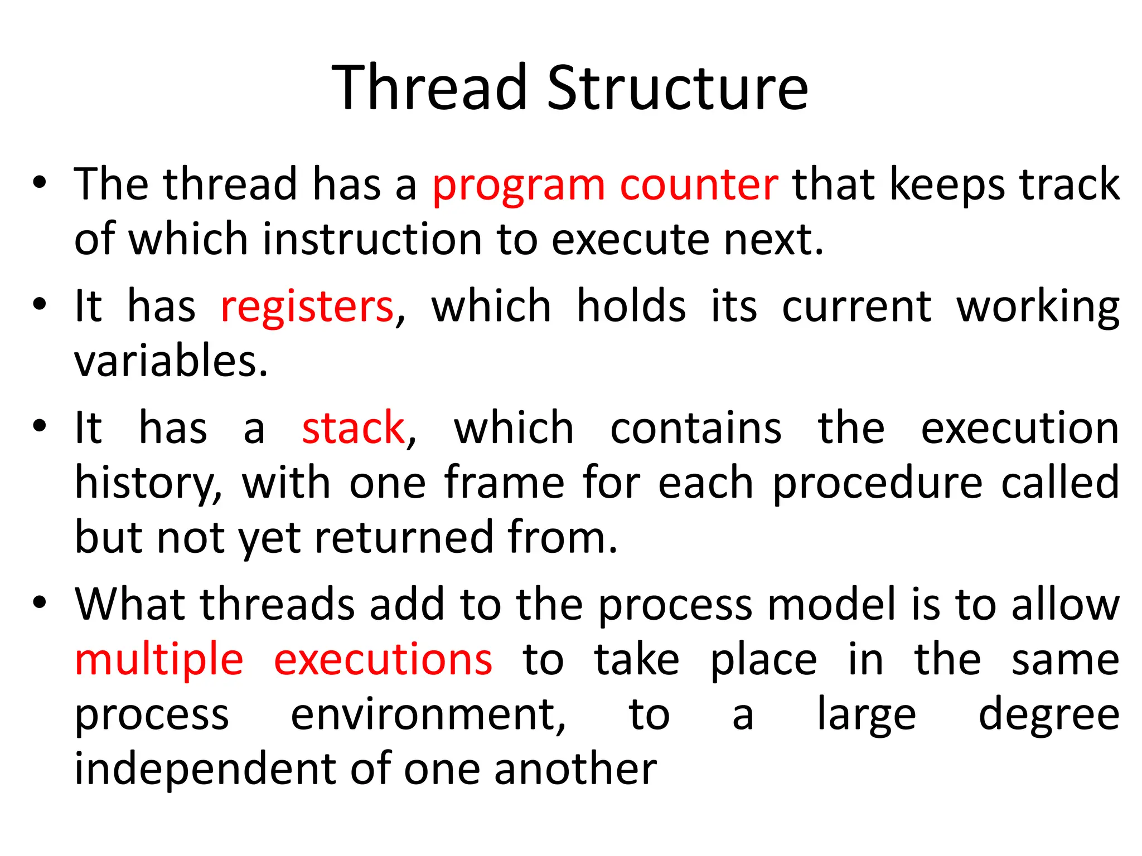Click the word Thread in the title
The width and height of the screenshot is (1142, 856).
[x=429, y=87]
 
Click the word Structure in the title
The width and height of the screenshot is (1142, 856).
[x=678, y=87]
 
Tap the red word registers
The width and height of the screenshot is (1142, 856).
[x=307, y=307]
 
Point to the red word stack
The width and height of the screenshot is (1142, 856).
[x=353, y=428]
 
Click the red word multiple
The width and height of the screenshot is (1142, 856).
[x=159, y=660]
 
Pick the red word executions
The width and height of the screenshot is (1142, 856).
[x=383, y=660]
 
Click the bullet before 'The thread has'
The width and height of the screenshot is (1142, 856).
[x=39, y=182]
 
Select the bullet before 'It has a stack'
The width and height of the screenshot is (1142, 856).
[x=39, y=426]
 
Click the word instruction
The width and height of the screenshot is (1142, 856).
[x=372, y=240]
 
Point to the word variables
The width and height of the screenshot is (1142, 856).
[x=171, y=361]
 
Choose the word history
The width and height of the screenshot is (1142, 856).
[x=148, y=483]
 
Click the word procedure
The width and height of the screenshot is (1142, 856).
[x=877, y=483]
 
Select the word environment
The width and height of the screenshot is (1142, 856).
[x=428, y=714]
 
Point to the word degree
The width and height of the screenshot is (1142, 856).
[x=1049, y=714]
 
